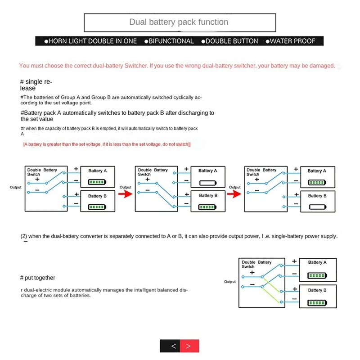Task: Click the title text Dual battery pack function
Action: (x=179, y=22)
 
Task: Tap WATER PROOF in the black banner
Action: (x=292, y=41)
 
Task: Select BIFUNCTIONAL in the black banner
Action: (x=171, y=41)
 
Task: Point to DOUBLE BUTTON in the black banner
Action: (x=231, y=41)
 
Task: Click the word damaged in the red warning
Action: (x=322, y=66)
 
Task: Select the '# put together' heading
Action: (x=38, y=278)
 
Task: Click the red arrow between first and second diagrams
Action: (x=125, y=194)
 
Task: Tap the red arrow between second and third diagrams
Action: (x=234, y=194)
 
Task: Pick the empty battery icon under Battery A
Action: (x=207, y=183)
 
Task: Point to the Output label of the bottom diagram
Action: (x=230, y=282)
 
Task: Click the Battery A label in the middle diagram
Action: (x=207, y=171)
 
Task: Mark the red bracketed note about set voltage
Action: (x=107, y=144)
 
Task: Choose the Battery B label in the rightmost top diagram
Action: (x=317, y=196)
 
